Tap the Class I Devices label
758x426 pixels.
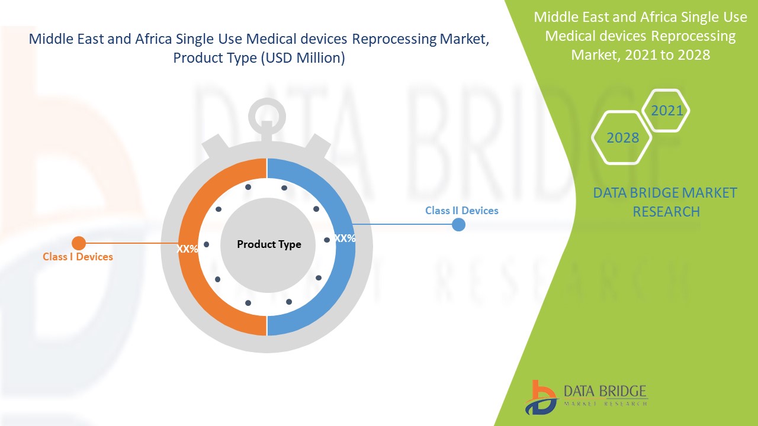(x=78, y=257)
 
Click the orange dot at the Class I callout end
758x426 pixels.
(x=78, y=243)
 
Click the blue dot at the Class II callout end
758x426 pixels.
(x=458, y=225)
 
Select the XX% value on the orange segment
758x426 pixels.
(x=187, y=249)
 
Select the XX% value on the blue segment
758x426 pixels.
(x=344, y=238)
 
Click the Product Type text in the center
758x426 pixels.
(x=269, y=244)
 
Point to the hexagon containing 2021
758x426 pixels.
(x=666, y=111)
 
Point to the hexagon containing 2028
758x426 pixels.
(x=622, y=138)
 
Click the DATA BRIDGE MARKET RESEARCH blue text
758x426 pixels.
(x=666, y=202)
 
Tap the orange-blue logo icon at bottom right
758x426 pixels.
(x=540, y=397)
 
